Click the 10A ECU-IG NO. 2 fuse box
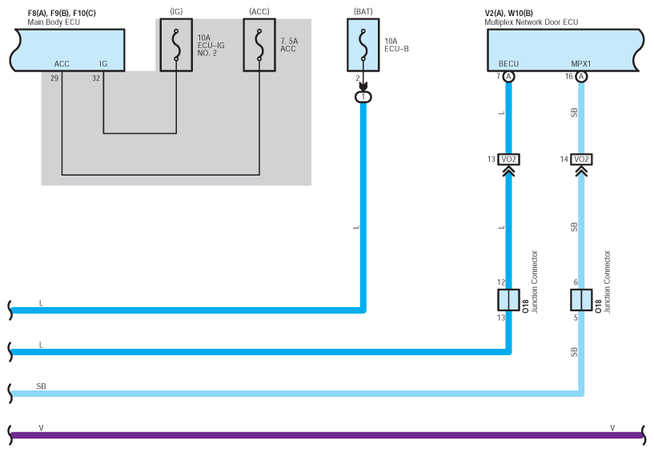click(176, 45)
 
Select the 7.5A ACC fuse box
click(259, 45)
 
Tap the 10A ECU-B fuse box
click(363, 45)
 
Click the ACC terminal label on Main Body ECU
click(62, 64)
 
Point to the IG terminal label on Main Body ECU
click(103, 64)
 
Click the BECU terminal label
click(508, 64)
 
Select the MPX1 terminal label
click(581, 64)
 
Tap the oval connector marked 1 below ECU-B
click(363, 97)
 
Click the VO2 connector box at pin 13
click(509, 160)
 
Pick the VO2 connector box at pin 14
click(581, 160)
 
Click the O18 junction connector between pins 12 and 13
click(509, 300)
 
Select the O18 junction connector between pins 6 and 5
click(581, 300)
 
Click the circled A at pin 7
click(508, 76)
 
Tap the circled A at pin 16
click(581, 76)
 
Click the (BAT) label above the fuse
click(363, 12)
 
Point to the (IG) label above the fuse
click(176, 12)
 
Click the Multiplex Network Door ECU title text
click(532, 22)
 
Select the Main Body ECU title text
click(54, 22)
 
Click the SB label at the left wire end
click(42, 386)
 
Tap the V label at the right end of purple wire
click(612, 428)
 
